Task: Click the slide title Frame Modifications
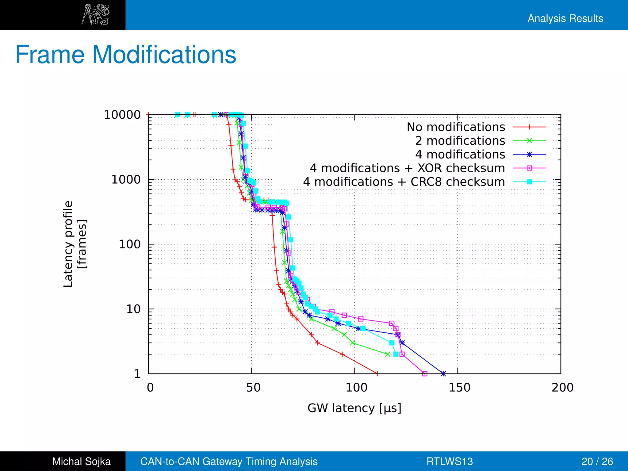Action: [x=126, y=55]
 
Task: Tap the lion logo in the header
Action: [x=95, y=14]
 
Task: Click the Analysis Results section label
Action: [x=565, y=18]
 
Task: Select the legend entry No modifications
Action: [x=456, y=127]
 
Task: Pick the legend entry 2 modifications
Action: [x=460, y=141]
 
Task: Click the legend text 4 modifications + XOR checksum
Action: [x=407, y=168]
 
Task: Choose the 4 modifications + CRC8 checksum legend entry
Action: [x=404, y=182]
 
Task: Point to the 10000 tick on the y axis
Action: [x=122, y=115]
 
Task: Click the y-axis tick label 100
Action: [x=129, y=244]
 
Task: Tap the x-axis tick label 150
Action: [x=459, y=388]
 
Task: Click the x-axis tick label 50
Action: [x=253, y=388]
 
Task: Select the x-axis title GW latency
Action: [x=354, y=408]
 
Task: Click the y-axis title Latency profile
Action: [x=68, y=244]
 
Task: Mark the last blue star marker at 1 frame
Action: [x=443, y=373]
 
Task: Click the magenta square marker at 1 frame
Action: [x=425, y=373]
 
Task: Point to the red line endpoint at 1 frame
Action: [x=377, y=373]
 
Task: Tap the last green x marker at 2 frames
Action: [x=387, y=354]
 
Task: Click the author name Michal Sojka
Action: [x=81, y=461]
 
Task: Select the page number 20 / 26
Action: [x=597, y=461]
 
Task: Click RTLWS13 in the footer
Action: [x=450, y=461]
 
